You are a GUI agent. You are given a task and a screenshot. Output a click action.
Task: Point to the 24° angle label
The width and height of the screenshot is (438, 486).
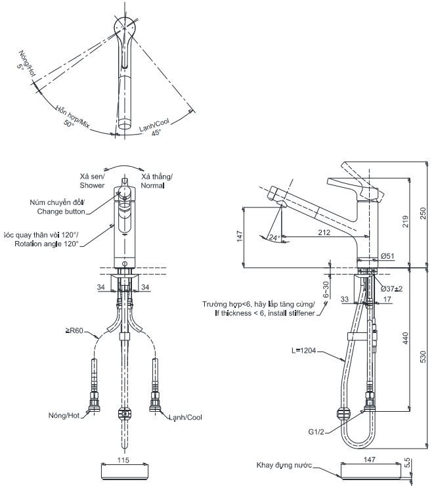point(274,237)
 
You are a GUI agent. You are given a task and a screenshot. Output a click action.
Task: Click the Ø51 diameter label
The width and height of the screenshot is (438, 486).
point(386,256)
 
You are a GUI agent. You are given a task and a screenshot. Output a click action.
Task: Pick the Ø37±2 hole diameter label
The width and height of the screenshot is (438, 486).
point(391,288)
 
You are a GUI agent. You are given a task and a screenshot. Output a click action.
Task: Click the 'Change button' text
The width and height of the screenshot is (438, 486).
point(61,211)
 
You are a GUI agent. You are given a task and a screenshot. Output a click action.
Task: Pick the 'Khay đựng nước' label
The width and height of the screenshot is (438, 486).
point(284,466)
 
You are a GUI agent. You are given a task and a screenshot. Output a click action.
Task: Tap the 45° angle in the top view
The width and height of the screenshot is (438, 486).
point(156,132)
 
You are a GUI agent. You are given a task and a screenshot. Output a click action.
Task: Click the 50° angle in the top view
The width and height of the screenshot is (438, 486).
point(69,123)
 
